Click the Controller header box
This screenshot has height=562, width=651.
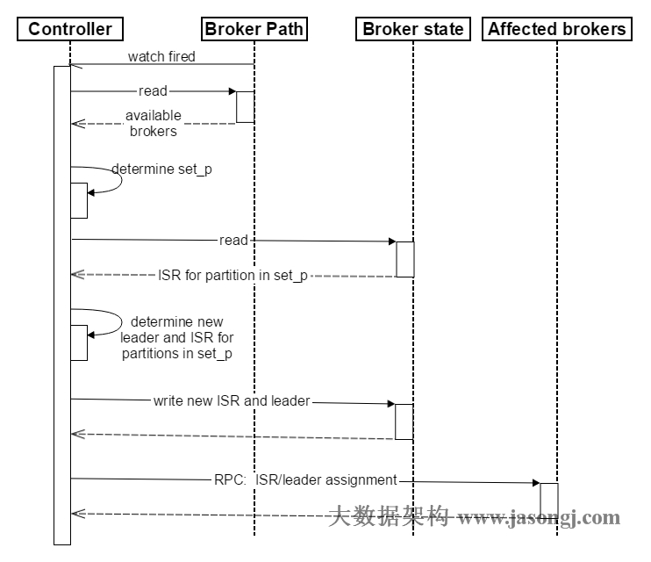[x=70, y=29]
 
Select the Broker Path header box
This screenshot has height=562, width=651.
[x=254, y=29]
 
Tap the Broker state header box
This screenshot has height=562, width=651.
[x=412, y=29]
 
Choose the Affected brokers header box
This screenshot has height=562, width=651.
[x=557, y=29]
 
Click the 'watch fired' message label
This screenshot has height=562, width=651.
[x=161, y=57]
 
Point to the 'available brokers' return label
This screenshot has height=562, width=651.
[x=154, y=123]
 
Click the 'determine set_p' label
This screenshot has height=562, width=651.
[x=162, y=169]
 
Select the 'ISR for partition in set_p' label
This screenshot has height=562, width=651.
[x=232, y=275]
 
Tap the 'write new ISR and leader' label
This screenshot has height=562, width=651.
[x=232, y=400]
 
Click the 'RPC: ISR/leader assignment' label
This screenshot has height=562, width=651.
[x=305, y=479]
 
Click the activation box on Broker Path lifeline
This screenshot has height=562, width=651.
[x=245, y=106]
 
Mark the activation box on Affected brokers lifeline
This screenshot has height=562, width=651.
[x=548, y=499]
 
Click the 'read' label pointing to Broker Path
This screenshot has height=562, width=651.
[x=153, y=90]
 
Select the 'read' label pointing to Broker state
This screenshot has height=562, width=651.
[x=233, y=240]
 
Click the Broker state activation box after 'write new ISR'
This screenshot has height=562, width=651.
[x=404, y=421]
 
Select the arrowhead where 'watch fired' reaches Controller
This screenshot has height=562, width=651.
[x=75, y=65]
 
